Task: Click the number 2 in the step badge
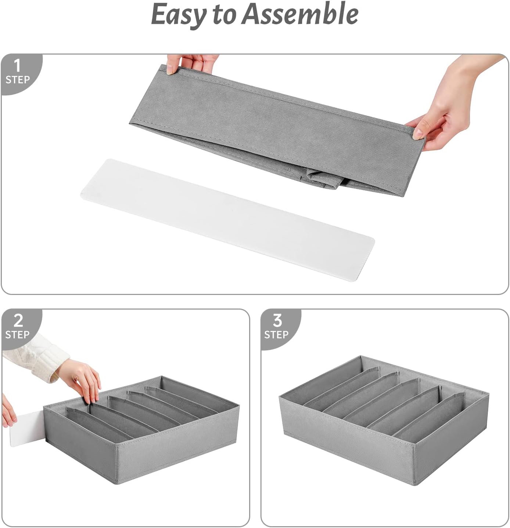[18, 321]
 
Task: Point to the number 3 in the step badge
[277, 321]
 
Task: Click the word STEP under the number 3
[276, 335]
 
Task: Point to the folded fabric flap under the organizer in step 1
[323, 180]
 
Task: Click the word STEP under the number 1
[17, 80]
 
